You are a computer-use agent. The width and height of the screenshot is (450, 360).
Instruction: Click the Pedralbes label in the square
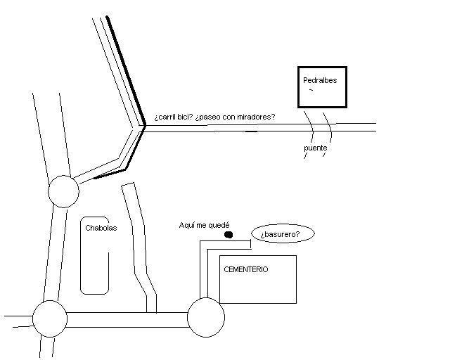click(320, 80)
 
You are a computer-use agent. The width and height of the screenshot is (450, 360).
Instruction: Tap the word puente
click(315, 148)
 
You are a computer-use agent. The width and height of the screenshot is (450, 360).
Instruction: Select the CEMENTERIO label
click(245, 269)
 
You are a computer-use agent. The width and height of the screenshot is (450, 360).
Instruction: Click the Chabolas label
click(101, 228)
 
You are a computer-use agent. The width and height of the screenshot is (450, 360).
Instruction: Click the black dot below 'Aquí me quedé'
click(228, 235)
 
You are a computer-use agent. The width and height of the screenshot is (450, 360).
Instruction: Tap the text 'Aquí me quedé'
click(204, 225)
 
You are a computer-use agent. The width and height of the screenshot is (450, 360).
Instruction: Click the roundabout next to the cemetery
click(206, 316)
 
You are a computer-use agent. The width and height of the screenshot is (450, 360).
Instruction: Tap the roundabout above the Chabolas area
click(63, 191)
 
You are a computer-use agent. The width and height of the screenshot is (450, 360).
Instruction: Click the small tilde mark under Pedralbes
click(310, 91)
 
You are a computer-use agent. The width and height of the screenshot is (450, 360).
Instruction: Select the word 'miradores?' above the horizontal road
click(255, 117)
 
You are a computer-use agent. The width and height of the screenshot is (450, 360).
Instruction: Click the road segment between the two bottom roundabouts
click(127, 320)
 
